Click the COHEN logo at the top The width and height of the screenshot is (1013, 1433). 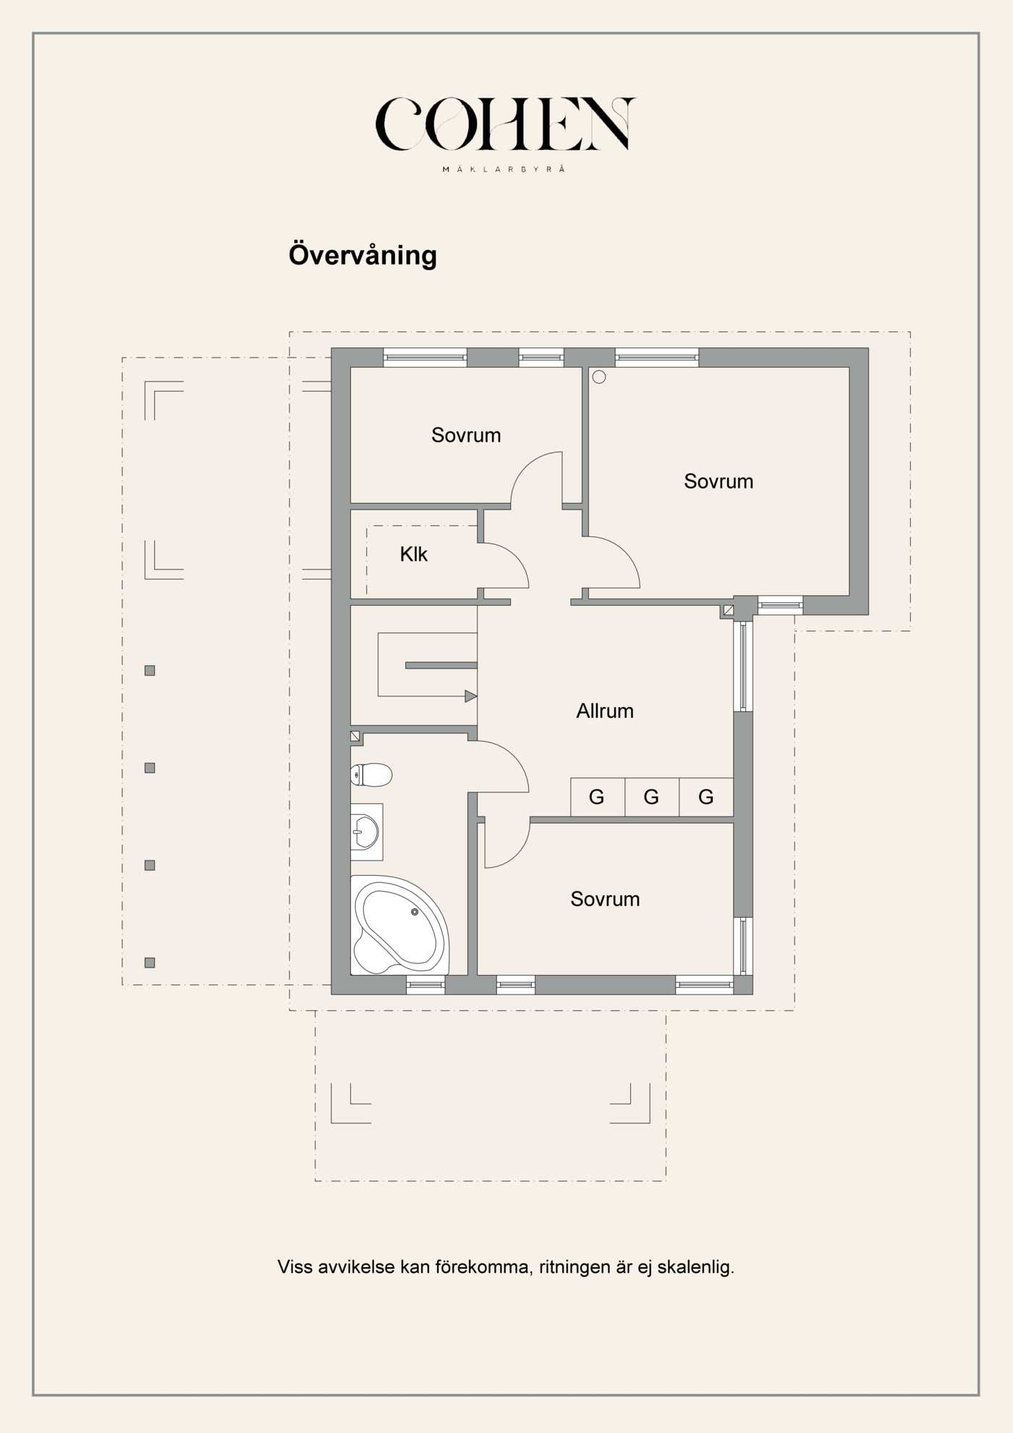click(505, 124)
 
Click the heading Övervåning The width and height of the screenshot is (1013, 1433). click(363, 255)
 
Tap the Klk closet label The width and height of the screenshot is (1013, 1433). click(413, 554)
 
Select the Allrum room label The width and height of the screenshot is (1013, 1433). click(604, 711)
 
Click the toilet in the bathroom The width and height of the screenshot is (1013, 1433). click(371, 774)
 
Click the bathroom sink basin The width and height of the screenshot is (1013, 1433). click(365, 832)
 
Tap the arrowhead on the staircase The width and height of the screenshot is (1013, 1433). click(470, 696)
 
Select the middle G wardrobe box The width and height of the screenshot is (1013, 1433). click(651, 797)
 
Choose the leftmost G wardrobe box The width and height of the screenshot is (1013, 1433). click(597, 797)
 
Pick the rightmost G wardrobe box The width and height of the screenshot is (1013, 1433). click(705, 797)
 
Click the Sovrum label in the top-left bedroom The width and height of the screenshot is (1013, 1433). click(466, 435)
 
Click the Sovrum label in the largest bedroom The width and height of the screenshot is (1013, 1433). click(719, 481)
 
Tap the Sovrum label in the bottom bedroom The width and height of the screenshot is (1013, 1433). click(605, 899)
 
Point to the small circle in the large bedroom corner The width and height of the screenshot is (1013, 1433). click(599, 377)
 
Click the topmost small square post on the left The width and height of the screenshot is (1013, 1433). click(150, 670)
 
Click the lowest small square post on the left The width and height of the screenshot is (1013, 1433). click(150, 963)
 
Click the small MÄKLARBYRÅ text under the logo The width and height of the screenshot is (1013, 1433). click(504, 169)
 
